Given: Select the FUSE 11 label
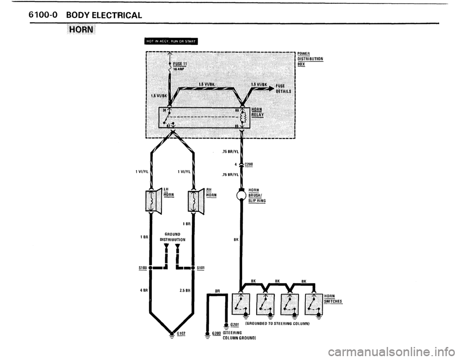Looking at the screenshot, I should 181,64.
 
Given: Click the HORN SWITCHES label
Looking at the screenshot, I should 332,299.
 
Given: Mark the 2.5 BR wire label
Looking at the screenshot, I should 185,291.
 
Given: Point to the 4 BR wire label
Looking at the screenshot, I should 143,291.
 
